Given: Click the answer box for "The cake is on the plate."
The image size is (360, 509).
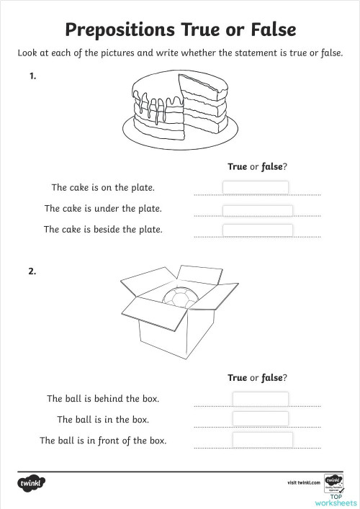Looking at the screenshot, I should (x=256, y=187).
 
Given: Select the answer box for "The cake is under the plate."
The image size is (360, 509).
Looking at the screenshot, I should (x=257, y=210).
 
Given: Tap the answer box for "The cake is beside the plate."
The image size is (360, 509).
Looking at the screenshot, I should (x=257, y=230).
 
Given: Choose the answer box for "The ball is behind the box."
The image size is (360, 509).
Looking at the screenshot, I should (x=260, y=399).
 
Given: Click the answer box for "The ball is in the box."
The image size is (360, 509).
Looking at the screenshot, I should (x=260, y=419).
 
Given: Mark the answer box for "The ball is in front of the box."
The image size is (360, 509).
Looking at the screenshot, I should (x=262, y=439).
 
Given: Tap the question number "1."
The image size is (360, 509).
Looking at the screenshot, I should (x=32, y=75).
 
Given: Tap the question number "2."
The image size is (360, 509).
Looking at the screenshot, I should (x=32, y=271).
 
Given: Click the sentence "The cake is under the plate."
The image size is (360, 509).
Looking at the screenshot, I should (x=103, y=209).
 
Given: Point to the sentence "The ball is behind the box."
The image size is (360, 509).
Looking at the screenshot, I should (x=103, y=398).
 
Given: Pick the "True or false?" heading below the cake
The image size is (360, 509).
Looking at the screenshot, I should (x=257, y=166).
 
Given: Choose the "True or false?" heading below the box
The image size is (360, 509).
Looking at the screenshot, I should (x=257, y=377).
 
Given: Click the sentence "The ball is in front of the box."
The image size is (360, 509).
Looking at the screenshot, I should (x=103, y=440).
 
